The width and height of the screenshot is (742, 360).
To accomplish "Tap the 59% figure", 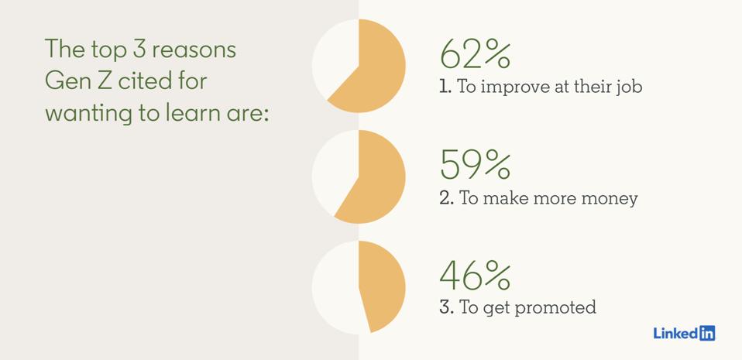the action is click(x=475, y=166).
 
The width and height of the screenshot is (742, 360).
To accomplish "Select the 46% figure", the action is click(x=475, y=277).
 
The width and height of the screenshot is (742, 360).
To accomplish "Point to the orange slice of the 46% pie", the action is click(x=383, y=288).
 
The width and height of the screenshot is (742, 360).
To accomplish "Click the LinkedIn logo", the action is click(x=684, y=333).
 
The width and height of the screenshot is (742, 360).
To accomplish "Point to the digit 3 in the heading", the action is click(x=139, y=50).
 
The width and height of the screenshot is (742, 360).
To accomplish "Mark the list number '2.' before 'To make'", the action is click(x=447, y=199).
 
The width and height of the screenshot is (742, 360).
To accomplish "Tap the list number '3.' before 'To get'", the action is click(x=447, y=308).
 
